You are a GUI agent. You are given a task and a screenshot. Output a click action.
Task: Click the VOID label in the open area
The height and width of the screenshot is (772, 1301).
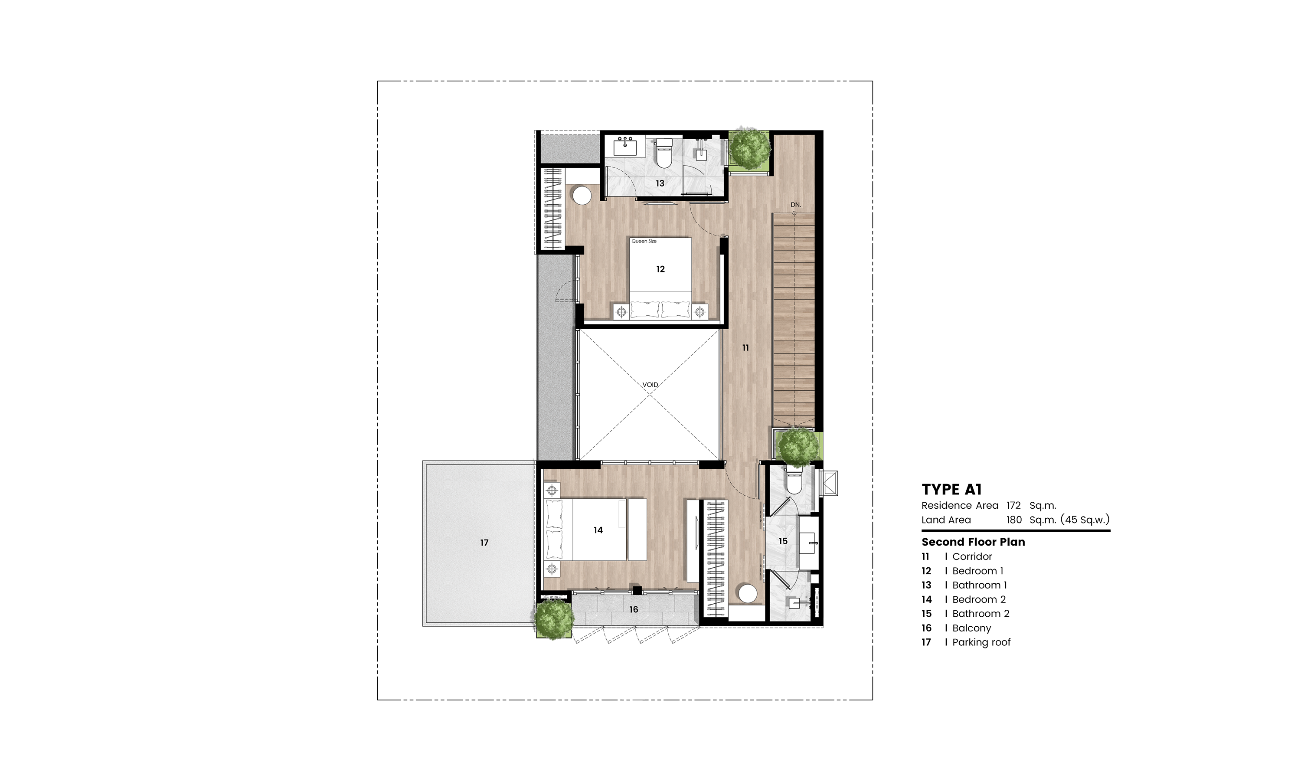[650, 384]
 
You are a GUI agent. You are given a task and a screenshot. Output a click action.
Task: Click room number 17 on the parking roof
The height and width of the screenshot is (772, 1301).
[484, 543]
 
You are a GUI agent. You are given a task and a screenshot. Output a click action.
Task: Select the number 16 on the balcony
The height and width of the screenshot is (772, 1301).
[633, 609]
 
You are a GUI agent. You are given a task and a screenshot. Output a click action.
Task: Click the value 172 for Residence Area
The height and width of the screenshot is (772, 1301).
[1013, 505]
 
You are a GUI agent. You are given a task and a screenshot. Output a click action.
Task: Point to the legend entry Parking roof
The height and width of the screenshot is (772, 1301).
[981, 642]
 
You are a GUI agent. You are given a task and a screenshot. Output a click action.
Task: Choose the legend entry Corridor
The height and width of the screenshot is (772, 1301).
[972, 556]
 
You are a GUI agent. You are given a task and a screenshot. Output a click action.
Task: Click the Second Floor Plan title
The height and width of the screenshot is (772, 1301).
[973, 542]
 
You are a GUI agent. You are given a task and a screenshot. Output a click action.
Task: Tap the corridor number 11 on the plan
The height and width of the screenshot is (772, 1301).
[745, 347]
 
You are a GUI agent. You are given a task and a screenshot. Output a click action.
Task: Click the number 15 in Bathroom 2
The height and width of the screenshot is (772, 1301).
[783, 541]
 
